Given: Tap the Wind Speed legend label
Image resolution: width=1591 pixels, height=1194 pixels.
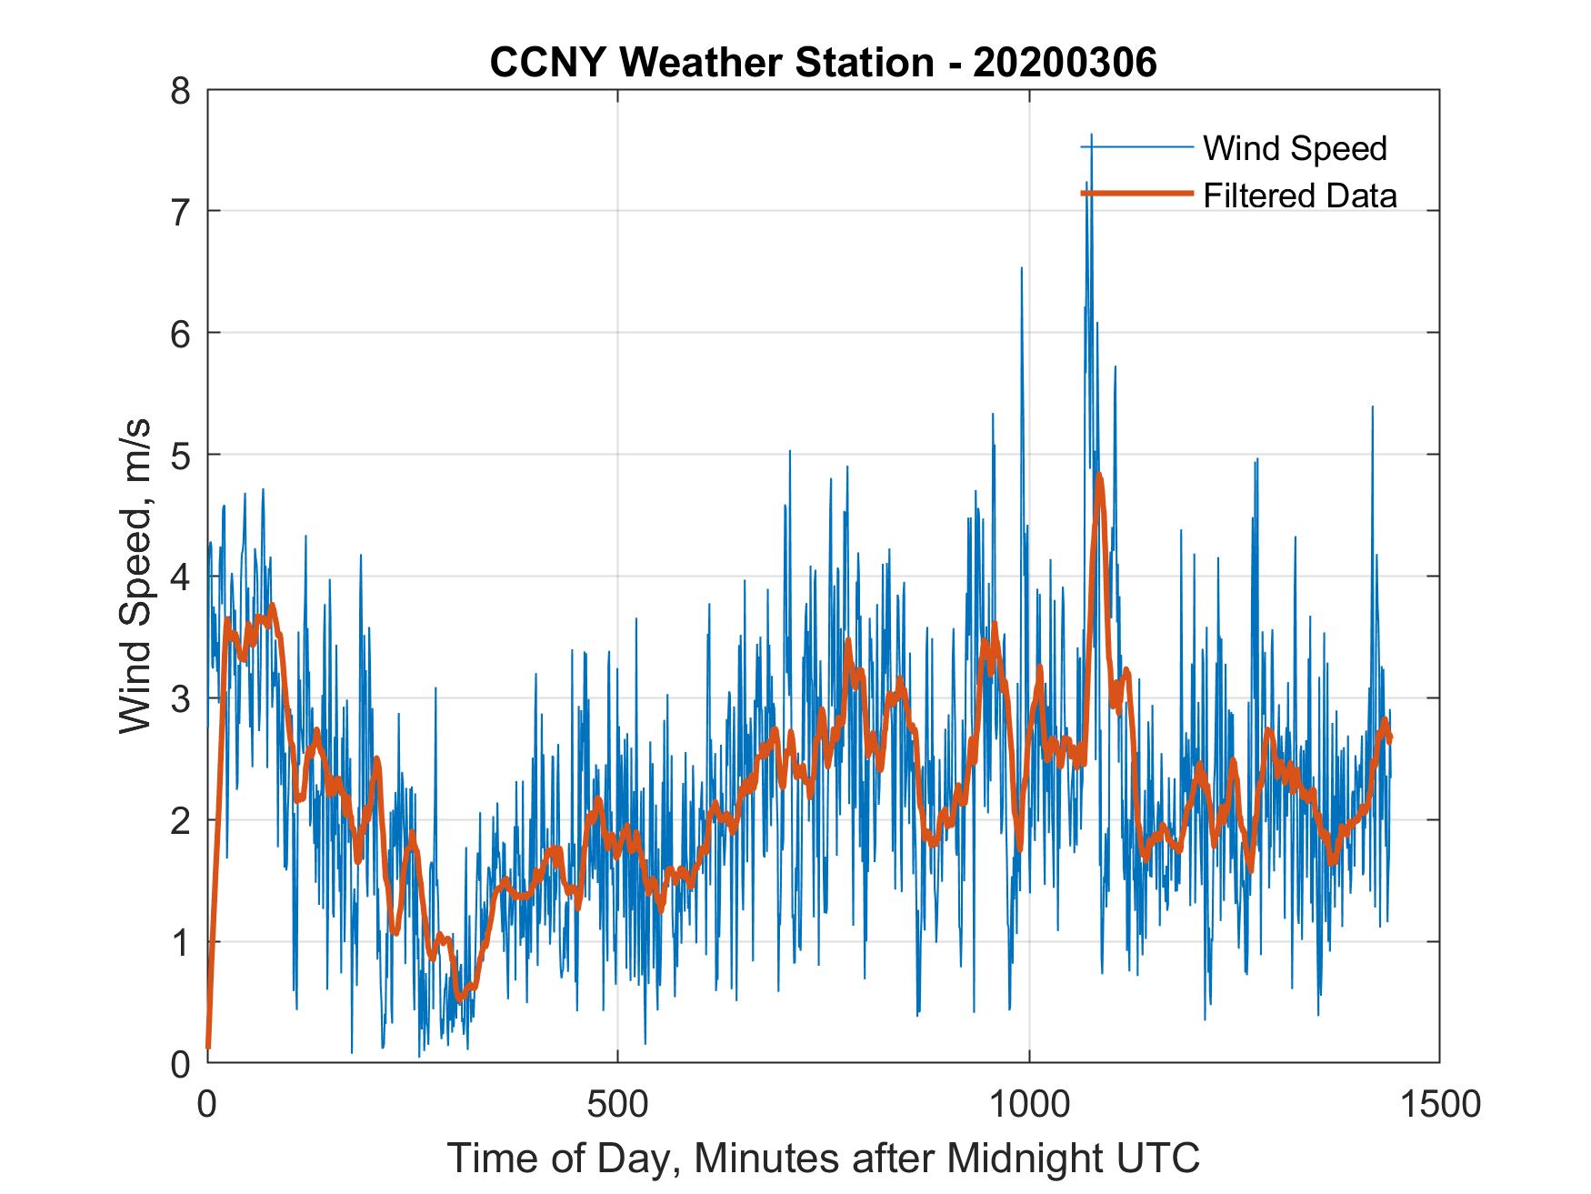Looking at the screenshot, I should [1295, 148].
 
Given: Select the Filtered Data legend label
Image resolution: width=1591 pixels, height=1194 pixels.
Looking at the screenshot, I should [1300, 196].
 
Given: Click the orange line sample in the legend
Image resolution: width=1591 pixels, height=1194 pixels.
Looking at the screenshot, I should [1136, 193].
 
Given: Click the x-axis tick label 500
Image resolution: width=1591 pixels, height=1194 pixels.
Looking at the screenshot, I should [617, 1104].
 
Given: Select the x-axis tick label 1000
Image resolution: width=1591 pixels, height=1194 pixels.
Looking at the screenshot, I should [1028, 1104].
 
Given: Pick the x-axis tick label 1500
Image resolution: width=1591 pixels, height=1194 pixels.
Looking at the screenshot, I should [1439, 1104].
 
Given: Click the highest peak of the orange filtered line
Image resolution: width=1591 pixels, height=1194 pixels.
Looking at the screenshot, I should [1099, 476].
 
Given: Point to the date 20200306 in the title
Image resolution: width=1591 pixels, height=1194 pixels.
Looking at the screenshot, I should [1065, 63].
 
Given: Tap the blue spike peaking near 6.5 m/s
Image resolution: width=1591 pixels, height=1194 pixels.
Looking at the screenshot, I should [1021, 269].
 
